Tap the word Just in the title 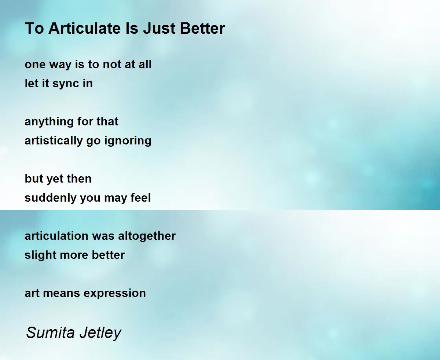pyautogui.click(x=159, y=28)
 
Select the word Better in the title pyautogui.click(x=202, y=28)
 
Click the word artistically pyautogui.click(x=54, y=141)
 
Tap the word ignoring pyautogui.click(x=128, y=141)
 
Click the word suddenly pyautogui.click(x=51, y=198)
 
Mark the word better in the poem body pyautogui.click(x=108, y=255)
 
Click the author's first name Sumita pyautogui.click(x=50, y=333)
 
